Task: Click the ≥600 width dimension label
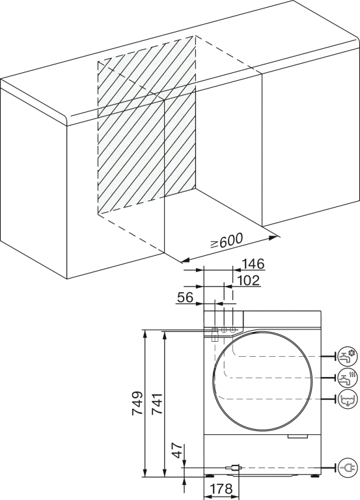click(227, 241)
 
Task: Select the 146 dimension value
click(253, 264)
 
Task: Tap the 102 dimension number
click(249, 281)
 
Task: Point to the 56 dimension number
click(186, 298)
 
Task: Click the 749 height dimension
click(137, 403)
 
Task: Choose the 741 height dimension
click(157, 404)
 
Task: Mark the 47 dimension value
click(178, 451)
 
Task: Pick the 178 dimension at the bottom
click(221, 489)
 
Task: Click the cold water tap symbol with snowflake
click(348, 356)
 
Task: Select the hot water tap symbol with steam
click(348, 378)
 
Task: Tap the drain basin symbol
click(348, 399)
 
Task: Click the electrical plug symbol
click(348, 467)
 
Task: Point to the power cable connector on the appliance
click(234, 467)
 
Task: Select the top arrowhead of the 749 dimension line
click(145, 334)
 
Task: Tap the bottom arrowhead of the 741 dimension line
click(165, 473)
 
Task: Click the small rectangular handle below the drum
click(298, 436)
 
